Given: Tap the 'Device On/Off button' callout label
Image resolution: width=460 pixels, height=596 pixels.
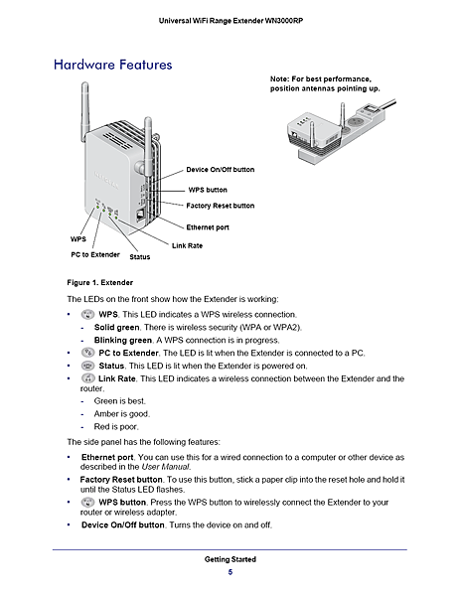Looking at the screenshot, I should click(220, 170).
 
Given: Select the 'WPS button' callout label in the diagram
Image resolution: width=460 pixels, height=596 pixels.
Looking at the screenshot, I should click(208, 189).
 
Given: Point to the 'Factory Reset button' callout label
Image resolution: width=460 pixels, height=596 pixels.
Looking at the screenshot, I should click(221, 206).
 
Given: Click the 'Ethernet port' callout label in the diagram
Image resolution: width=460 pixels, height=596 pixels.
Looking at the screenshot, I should click(209, 227).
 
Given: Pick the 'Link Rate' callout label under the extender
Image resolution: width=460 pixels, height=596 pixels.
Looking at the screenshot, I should click(187, 245).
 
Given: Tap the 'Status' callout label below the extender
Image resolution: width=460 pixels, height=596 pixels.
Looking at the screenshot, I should click(139, 256).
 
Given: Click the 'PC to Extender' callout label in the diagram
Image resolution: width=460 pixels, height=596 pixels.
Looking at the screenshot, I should click(94, 255).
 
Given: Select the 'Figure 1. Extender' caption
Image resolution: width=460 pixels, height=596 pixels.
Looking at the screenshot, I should click(99, 283).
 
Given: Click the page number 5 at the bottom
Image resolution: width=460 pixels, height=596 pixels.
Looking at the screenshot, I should click(230, 572).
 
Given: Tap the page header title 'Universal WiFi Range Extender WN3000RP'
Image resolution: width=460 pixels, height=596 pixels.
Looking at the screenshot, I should click(230, 21).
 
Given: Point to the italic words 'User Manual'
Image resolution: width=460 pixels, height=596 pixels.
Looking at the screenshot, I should click(169, 466).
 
